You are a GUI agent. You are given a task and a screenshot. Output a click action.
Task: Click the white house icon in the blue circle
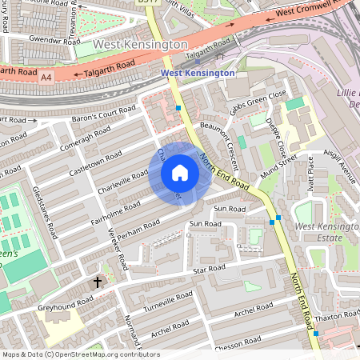pos(180,173)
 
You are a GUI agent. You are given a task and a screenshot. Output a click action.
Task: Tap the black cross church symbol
pos(98,282)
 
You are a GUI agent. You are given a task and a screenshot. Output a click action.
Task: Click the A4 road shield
pos(46,77)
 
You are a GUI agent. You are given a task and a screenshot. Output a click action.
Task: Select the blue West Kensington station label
pos(198,73)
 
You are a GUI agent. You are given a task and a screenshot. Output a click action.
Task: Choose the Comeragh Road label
pos(85,138)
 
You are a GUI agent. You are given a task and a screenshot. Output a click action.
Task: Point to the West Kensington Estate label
pos(326,233)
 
